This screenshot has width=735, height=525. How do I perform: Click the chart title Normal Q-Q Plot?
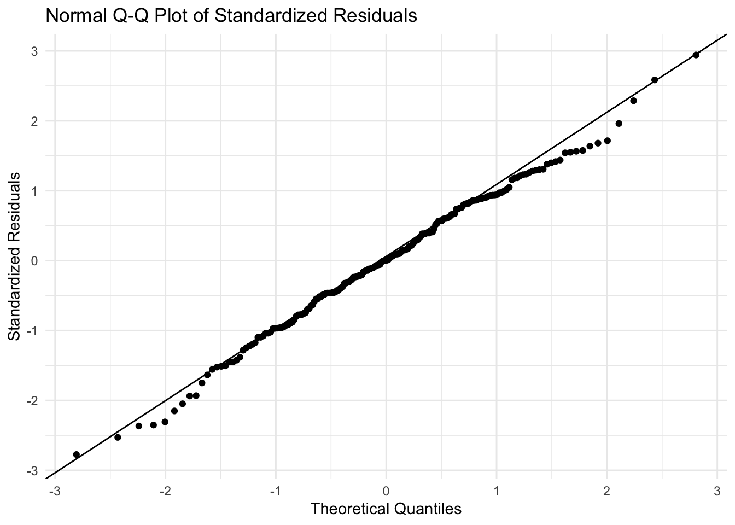tap(231, 16)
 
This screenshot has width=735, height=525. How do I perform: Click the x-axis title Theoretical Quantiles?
tap(386, 509)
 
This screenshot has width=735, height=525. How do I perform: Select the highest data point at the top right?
tap(696, 55)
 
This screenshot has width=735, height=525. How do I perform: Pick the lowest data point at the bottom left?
tap(77, 454)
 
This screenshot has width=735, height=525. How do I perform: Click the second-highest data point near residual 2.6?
tap(654, 80)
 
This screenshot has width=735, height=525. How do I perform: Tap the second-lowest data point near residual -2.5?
tap(118, 437)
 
